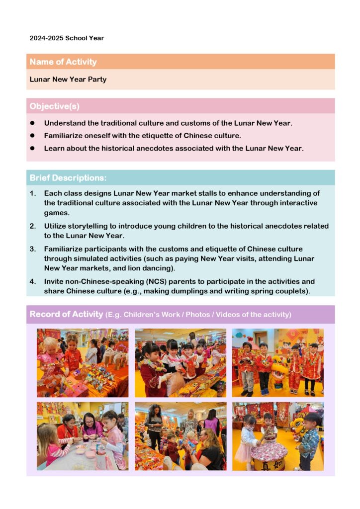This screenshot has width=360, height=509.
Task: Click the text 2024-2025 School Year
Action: pos(67,38)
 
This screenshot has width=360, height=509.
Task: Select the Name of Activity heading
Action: pos(63,62)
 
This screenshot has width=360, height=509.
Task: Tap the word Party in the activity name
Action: pos(97,79)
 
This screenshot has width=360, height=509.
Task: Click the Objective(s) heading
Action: pos(54,106)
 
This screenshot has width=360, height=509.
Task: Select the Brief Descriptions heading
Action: pos(68,178)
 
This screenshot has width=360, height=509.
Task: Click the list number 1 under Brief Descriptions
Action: pos(32,193)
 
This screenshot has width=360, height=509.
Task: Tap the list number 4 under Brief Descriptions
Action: pos(32,281)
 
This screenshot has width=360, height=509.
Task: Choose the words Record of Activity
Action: pos(66,314)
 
